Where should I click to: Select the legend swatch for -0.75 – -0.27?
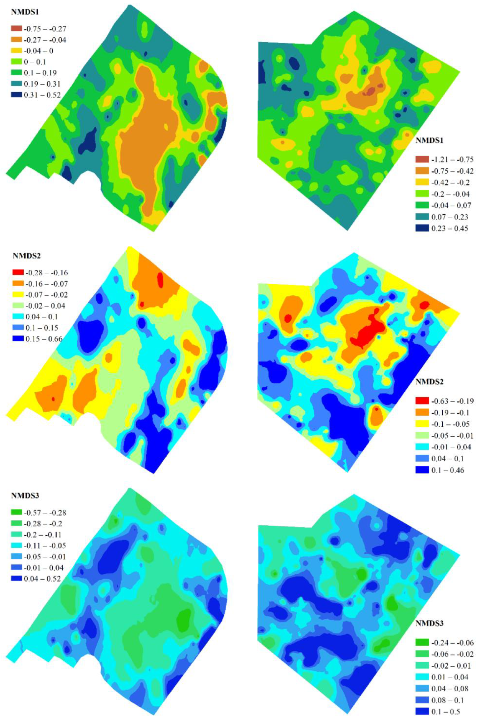click(17, 29)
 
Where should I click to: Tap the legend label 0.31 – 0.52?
click(42, 95)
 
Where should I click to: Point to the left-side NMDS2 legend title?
click(25, 256)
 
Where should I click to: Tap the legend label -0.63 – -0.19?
click(452, 401)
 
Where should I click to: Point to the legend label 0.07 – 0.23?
click(449, 217)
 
